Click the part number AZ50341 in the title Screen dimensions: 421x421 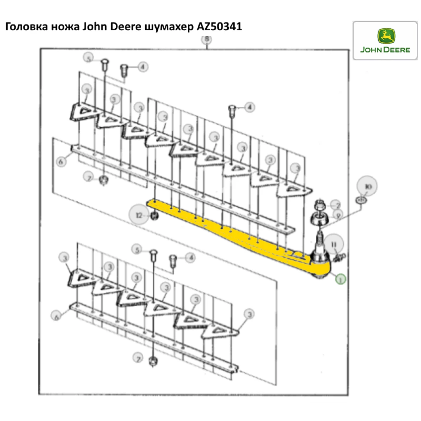tap(220, 27)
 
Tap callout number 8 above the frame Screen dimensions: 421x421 tap(206, 40)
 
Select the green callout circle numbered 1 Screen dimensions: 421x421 tap(340, 278)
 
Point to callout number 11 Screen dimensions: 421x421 tap(334, 243)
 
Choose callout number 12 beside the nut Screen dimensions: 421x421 tap(139, 215)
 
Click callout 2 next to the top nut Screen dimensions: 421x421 tap(336, 205)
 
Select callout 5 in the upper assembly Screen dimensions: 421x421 tap(88, 58)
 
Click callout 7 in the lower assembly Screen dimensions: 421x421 tap(137, 359)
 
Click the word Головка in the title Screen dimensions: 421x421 tap(27, 27)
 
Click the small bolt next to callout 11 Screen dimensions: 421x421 tap(340, 256)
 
